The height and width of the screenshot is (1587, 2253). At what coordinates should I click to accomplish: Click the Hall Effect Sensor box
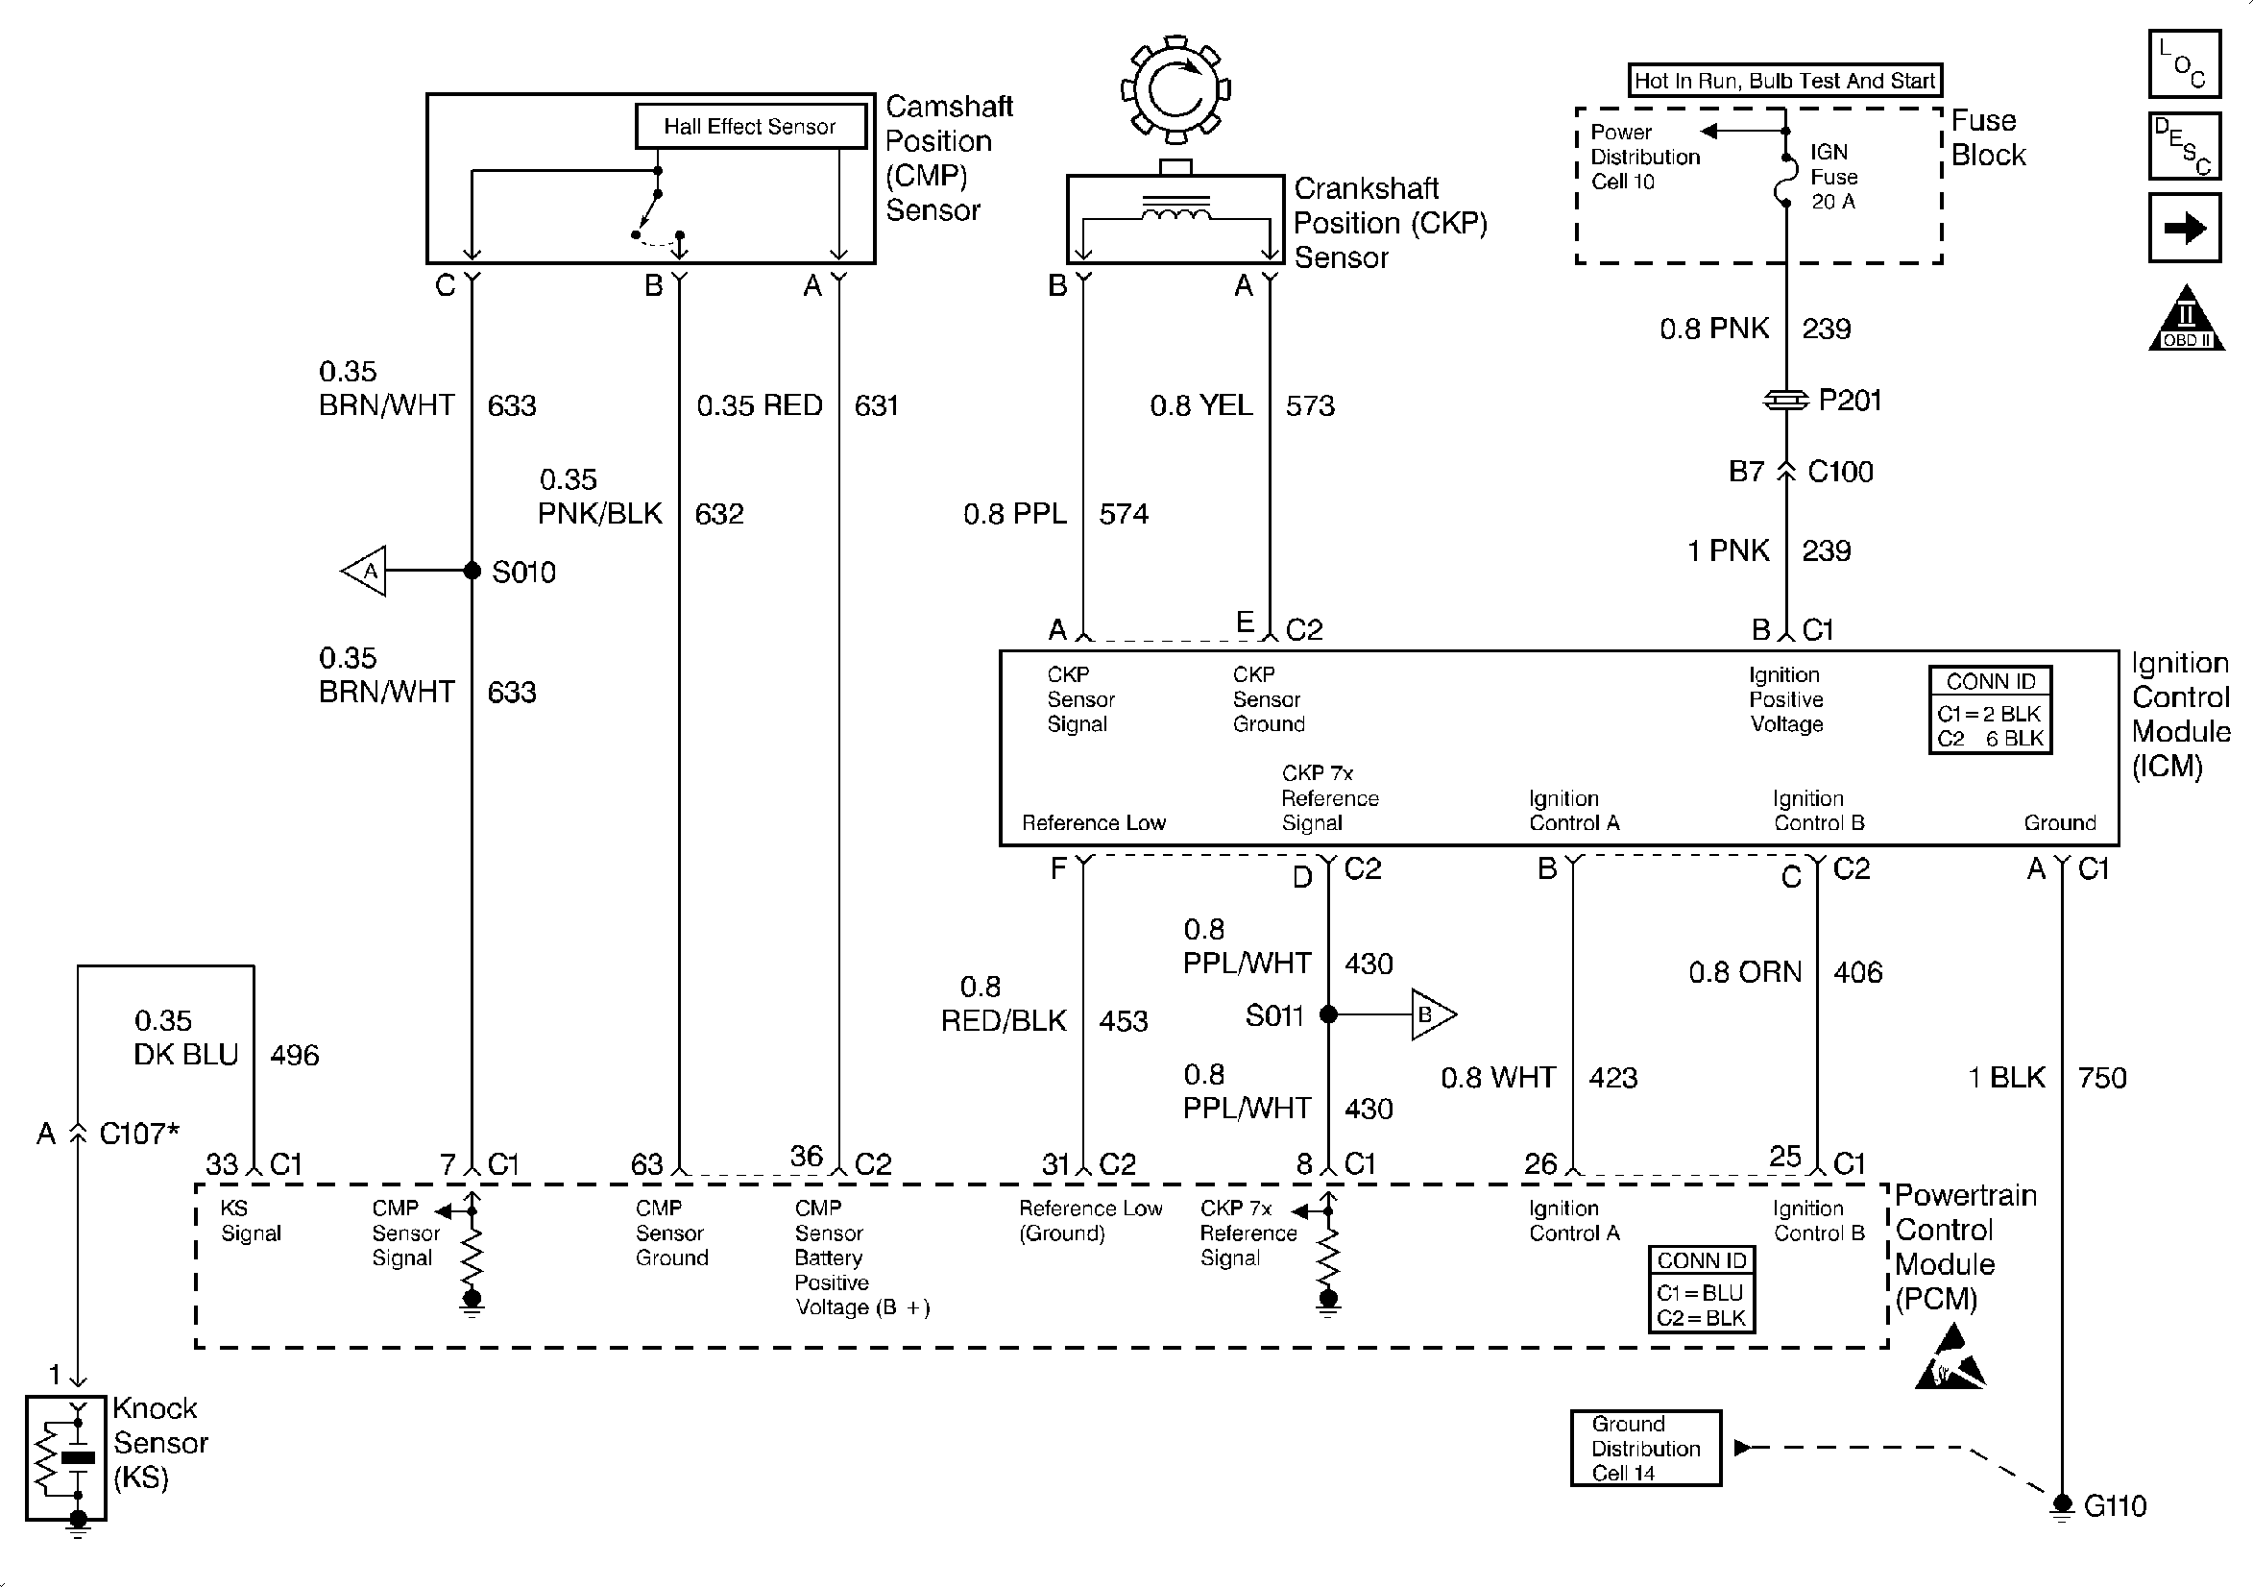coord(750,127)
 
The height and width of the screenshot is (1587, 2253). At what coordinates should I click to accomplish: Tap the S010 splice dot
coord(472,571)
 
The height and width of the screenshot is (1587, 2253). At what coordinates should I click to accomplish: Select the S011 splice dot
coord(1328,1013)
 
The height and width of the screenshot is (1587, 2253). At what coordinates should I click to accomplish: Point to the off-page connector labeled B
coord(1432,1013)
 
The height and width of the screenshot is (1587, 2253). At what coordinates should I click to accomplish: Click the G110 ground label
coord(2115,1505)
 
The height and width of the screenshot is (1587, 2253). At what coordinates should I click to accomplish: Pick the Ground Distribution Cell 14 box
coord(1646,1448)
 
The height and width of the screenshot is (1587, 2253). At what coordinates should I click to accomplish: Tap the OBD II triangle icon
coord(2187,320)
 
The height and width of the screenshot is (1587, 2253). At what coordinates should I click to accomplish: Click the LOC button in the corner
coord(2184,63)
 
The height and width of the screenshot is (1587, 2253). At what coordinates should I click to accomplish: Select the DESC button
coord(2184,145)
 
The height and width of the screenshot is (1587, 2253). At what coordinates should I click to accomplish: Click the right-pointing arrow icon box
coord(2184,228)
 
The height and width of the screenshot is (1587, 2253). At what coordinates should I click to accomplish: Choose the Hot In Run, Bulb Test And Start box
coord(1785,81)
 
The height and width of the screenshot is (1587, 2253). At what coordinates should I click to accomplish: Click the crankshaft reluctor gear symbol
coord(1175,90)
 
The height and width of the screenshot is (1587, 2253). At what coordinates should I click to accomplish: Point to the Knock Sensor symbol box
coord(65,1457)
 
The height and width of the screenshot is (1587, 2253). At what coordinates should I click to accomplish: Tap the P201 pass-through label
coord(1850,401)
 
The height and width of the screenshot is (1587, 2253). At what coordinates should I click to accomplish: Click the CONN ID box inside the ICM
coord(1990,710)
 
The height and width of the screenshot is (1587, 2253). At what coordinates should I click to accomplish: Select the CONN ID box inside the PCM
coord(1701,1288)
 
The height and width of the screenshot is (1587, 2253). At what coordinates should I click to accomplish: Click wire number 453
coord(1124,1021)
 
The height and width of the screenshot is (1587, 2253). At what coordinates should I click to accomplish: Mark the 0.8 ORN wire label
coord(1745,971)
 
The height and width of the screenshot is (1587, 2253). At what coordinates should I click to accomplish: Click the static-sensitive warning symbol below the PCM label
coord(1950,1357)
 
